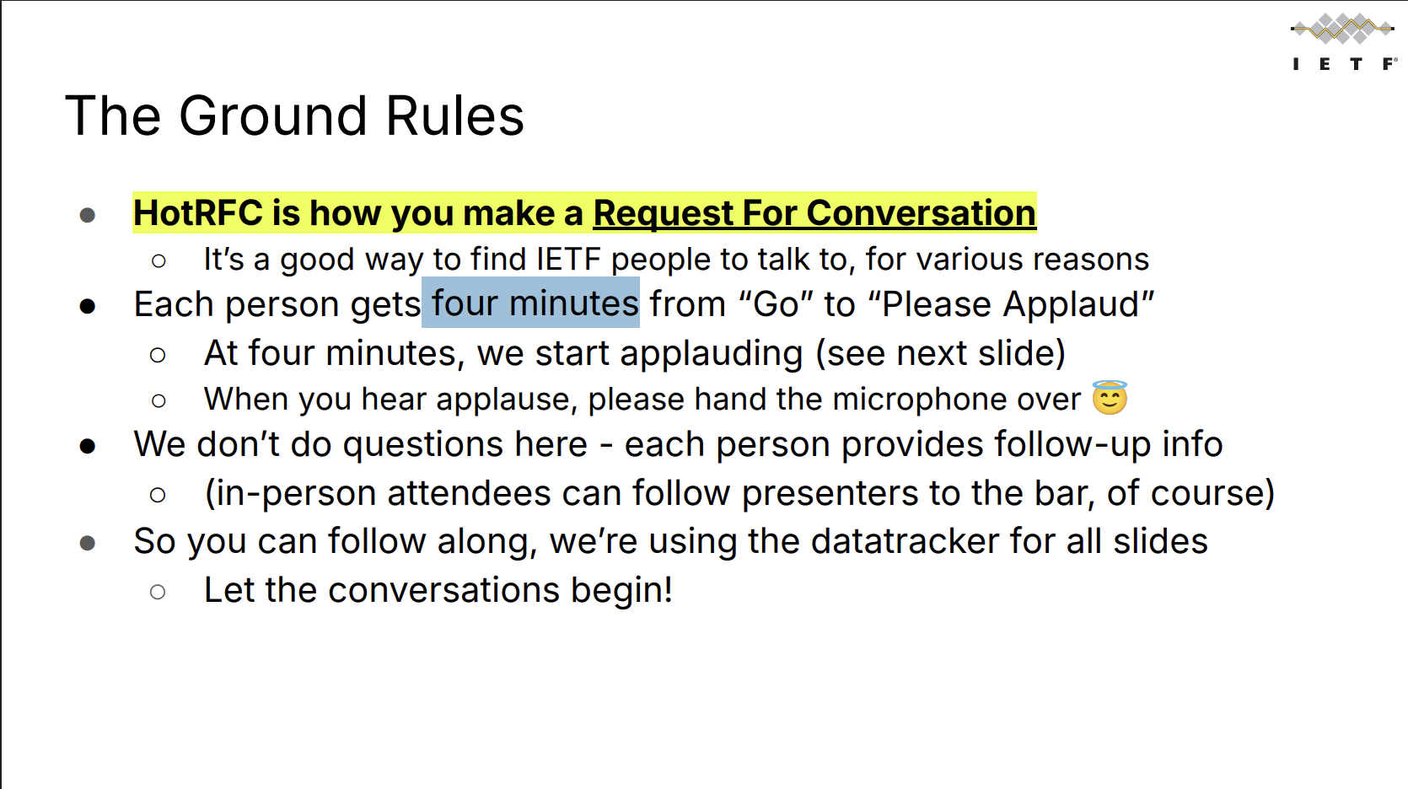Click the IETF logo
point(1344,41)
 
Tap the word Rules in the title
point(454,115)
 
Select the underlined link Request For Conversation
point(814,213)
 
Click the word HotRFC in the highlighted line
point(198,213)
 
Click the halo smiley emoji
point(1110,398)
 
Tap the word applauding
point(711,353)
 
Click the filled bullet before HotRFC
point(88,216)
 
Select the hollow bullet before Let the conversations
point(158,592)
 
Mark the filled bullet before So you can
point(88,543)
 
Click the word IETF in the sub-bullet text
point(568,260)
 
